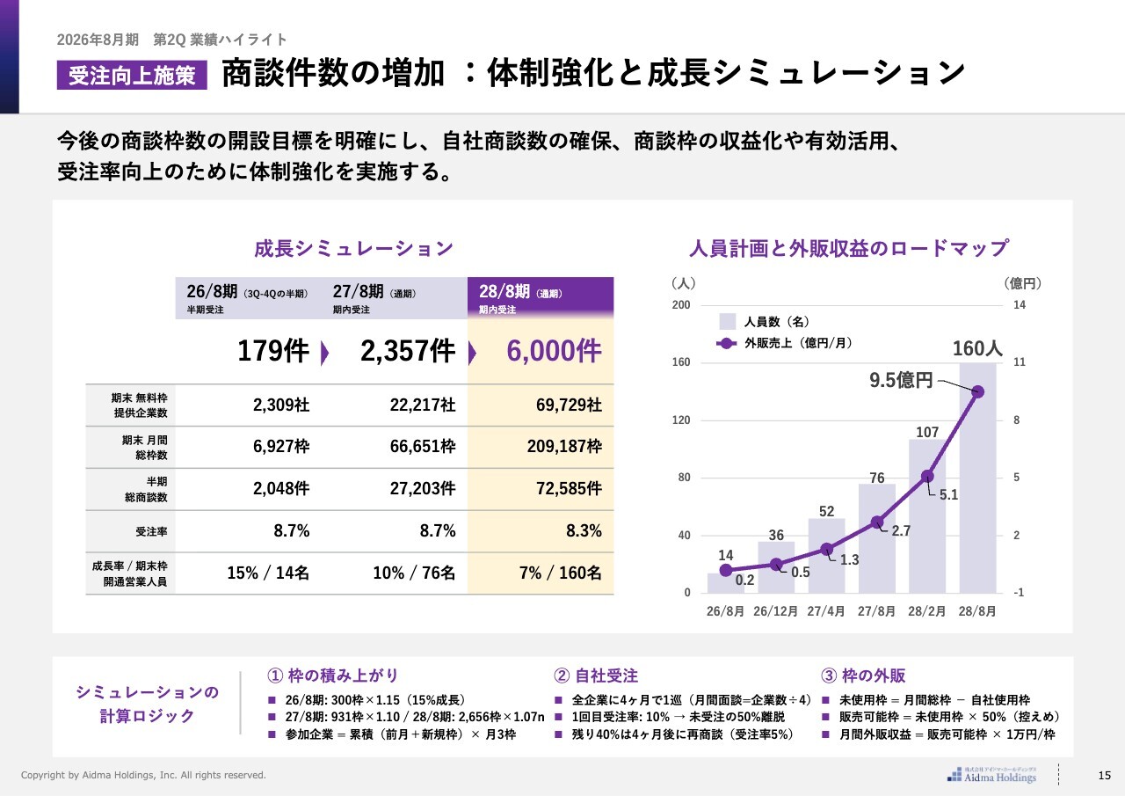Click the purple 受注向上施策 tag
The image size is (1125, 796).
click(132, 76)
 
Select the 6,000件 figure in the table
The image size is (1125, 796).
click(554, 351)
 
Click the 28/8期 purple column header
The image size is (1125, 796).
click(540, 297)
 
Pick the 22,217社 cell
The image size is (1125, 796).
click(423, 405)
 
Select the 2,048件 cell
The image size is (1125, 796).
click(281, 489)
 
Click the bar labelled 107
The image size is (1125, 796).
click(927, 519)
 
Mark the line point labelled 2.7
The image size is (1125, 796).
click(876, 522)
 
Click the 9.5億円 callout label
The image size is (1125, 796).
click(901, 381)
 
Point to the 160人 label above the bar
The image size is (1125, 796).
click(977, 349)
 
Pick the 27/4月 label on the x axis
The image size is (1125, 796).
click(826, 611)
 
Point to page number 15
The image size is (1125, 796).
click(1105, 775)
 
